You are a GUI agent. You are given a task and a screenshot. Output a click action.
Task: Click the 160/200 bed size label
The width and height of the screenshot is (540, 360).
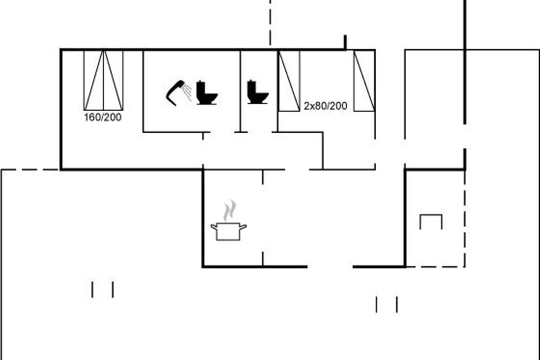(103, 118)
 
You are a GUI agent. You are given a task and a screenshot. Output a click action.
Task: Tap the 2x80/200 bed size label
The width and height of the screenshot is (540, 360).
(325, 107)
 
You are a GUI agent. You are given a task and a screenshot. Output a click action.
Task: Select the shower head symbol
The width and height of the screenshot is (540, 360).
(175, 92)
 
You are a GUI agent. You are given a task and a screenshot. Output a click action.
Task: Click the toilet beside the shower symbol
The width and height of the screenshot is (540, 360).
(207, 93)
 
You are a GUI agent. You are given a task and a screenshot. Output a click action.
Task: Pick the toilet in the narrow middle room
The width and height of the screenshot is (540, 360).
(257, 92)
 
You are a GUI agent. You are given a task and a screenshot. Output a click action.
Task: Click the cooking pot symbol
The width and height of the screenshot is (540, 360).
(229, 231)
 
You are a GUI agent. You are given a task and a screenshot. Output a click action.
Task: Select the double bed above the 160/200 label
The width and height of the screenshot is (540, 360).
(103, 80)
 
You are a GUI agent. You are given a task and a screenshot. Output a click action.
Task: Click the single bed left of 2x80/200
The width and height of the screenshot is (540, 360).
(289, 81)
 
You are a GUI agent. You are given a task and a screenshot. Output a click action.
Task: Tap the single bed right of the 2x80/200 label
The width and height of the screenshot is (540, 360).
(364, 81)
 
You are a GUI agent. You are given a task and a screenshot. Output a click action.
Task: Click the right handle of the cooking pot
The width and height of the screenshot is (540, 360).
(243, 227)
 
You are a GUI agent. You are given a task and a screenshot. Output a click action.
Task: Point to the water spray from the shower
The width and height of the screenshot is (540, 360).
(188, 92)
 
